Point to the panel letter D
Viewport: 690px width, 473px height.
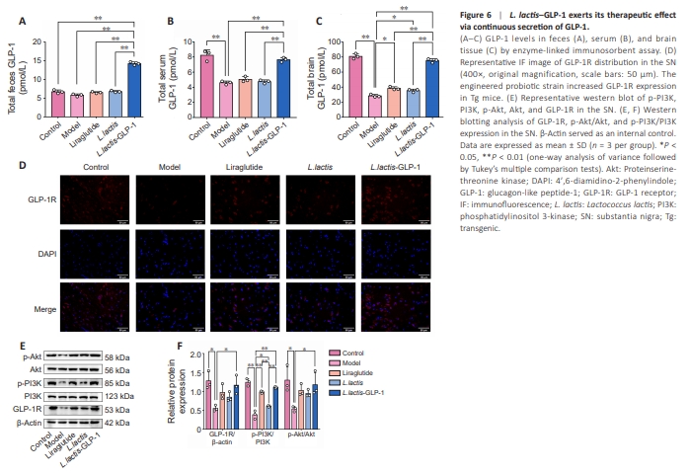[23, 166]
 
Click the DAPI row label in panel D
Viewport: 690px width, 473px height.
[45, 252]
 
